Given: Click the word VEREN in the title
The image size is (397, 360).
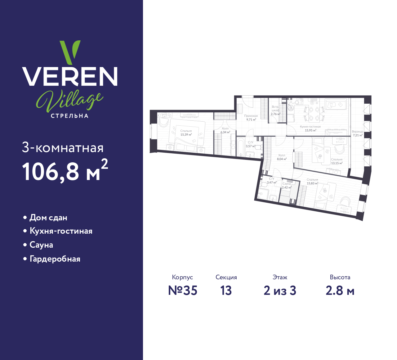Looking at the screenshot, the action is (x=70, y=76).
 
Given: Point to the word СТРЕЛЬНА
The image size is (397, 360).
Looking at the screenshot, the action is (x=70, y=116).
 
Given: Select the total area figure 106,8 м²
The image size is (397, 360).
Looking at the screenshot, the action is (x=65, y=170).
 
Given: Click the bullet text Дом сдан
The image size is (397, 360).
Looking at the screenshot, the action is (x=48, y=218).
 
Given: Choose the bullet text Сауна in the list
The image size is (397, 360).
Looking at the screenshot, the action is (x=41, y=245).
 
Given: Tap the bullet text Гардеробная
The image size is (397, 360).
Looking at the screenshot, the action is (x=55, y=259).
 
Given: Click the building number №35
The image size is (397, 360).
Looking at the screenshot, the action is (x=183, y=290).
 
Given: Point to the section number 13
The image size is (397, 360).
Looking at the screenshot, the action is (x=226, y=290).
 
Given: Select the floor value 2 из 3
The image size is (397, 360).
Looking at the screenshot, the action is (x=280, y=290).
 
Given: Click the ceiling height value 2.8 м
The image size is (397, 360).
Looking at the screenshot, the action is (x=340, y=290).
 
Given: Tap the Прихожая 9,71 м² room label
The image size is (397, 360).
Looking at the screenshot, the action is (x=251, y=118).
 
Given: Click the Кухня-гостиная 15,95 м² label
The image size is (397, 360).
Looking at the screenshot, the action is (x=310, y=128).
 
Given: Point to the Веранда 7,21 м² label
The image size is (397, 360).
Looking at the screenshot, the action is (x=358, y=133).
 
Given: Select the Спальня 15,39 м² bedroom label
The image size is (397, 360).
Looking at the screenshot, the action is (x=186, y=133).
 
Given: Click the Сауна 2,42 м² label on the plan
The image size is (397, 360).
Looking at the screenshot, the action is (x=287, y=186).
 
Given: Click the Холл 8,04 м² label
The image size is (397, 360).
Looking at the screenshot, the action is (x=282, y=157).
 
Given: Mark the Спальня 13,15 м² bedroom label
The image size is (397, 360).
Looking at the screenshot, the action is (x=337, y=161).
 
